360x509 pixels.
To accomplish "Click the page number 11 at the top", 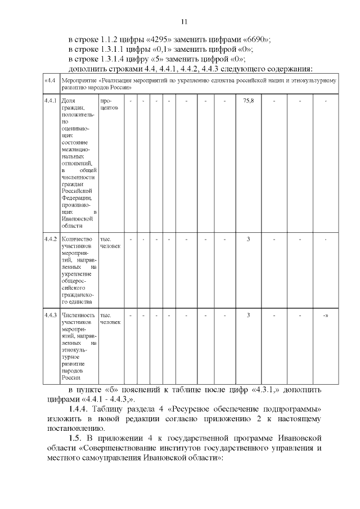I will [183, 22].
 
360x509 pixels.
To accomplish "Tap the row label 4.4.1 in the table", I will [51, 101].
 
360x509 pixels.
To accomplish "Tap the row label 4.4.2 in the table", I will [51, 239].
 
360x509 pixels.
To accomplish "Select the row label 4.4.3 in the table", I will [51, 314].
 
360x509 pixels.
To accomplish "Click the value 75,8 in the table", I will [248, 101].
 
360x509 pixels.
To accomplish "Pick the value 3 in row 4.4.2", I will [248, 239].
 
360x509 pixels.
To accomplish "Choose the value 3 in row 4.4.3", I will [248, 314].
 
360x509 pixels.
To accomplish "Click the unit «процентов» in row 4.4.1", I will [109, 104].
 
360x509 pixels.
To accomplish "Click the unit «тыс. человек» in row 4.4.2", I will [109, 242].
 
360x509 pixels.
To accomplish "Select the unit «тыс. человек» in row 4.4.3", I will [109, 318].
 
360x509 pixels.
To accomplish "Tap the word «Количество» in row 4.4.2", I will [76, 239].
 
